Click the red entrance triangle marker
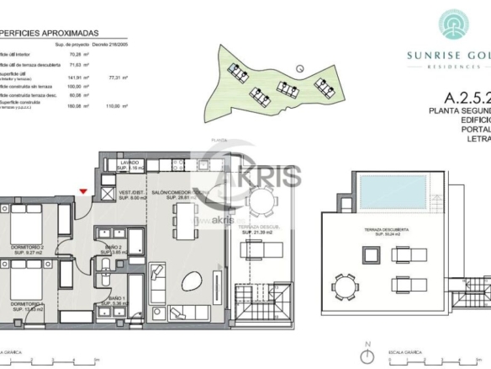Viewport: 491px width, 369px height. (x=82, y=192)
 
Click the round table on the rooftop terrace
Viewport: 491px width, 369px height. (x=346, y=286)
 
